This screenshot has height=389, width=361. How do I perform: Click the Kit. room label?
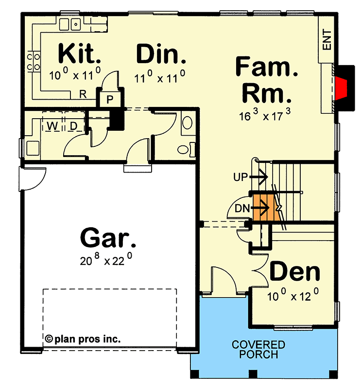[80, 53]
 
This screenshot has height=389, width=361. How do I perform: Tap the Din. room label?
[161, 54]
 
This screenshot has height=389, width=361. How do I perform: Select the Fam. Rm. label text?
[267, 80]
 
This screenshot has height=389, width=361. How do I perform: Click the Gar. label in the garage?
[108, 239]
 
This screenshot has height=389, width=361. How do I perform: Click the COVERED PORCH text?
[258, 350]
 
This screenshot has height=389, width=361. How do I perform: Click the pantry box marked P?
[110, 100]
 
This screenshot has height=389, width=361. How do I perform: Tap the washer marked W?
[52, 126]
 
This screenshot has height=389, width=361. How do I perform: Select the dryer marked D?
[74, 126]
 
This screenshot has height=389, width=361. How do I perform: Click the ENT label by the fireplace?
[327, 40]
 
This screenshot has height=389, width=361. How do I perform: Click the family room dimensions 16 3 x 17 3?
[265, 117]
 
